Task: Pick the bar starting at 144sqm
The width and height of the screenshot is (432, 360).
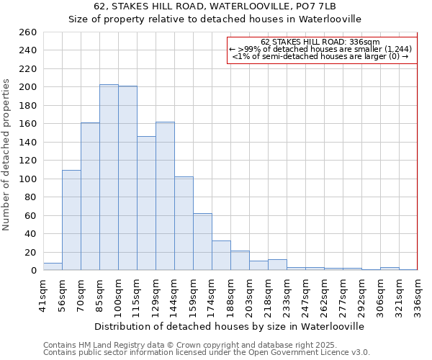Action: coord(184,223)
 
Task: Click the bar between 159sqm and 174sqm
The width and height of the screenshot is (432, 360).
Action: coord(202,242)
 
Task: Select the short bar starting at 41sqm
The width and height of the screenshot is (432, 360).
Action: coord(53,267)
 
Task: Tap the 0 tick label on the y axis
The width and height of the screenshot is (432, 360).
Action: coord(33,271)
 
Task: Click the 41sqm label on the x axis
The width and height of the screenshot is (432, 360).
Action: coord(43,294)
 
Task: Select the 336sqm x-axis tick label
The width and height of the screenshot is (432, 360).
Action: coord(418,294)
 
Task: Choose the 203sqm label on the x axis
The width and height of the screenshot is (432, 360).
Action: coord(249,294)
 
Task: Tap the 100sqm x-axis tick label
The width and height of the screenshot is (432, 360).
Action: coord(118,294)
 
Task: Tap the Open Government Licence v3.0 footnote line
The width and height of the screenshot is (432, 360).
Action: coord(207,353)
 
